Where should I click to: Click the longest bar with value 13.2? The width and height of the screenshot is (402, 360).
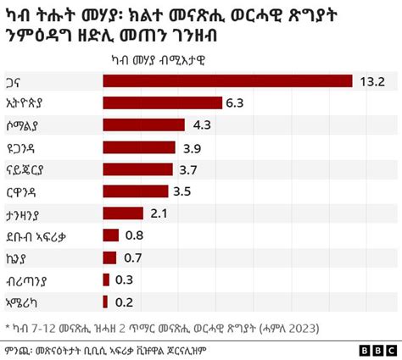(x=227, y=80)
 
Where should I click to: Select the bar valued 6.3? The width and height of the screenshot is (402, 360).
(x=162, y=102)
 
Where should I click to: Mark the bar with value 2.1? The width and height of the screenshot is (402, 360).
(x=123, y=213)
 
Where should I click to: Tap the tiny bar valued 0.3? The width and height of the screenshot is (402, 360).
(x=106, y=279)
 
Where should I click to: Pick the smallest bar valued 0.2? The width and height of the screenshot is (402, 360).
(x=105, y=301)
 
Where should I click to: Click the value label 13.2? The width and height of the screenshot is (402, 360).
(x=373, y=80)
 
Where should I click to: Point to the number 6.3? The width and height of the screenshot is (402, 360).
(x=235, y=102)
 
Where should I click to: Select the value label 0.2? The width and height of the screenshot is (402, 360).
(x=125, y=301)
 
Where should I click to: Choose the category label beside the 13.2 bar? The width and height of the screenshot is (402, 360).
(x=16, y=80)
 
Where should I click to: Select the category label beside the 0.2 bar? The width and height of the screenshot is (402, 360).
(x=23, y=301)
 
